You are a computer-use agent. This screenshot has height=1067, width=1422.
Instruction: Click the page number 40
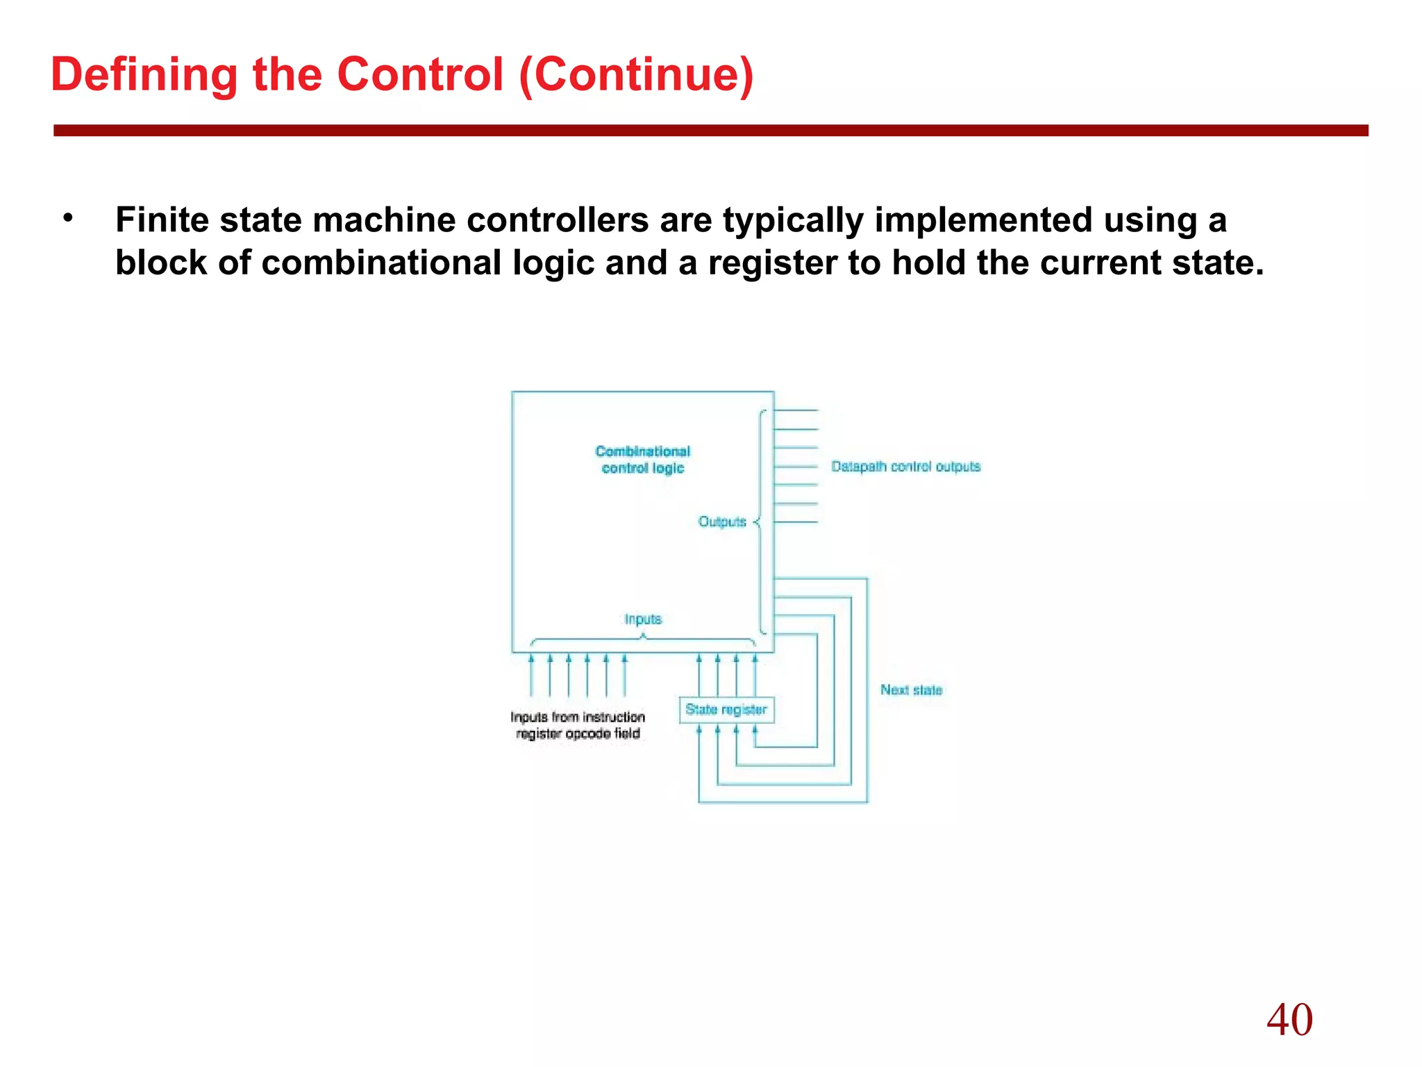pyautogui.click(x=1289, y=1020)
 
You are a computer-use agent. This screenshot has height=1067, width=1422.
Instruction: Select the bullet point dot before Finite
pyautogui.click(x=67, y=219)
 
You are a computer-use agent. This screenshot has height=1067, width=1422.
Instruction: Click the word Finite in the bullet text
pyautogui.click(x=162, y=220)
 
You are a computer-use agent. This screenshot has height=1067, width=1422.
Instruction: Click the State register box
pyautogui.click(x=726, y=709)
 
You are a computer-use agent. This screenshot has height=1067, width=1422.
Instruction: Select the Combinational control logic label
pyautogui.click(x=643, y=460)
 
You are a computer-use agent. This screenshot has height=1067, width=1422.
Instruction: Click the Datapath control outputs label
pyautogui.click(x=905, y=467)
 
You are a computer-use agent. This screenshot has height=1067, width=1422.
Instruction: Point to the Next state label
pyautogui.click(x=911, y=690)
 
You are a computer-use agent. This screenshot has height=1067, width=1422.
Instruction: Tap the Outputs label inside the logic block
pyautogui.click(x=722, y=522)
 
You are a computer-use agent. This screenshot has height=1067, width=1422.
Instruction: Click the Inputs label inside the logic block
pyautogui.click(x=643, y=619)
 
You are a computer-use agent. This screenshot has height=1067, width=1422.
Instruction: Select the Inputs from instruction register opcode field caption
pyautogui.click(x=578, y=725)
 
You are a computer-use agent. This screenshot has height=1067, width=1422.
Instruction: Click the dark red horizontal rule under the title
pyautogui.click(x=710, y=131)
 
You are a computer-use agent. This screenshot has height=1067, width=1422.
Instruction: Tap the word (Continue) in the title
pyautogui.click(x=635, y=74)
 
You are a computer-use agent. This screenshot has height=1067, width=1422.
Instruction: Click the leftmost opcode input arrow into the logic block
pyautogui.click(x=531, y=674)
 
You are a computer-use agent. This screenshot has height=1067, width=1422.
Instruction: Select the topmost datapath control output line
pyautogui.click(x=796, y=411)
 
